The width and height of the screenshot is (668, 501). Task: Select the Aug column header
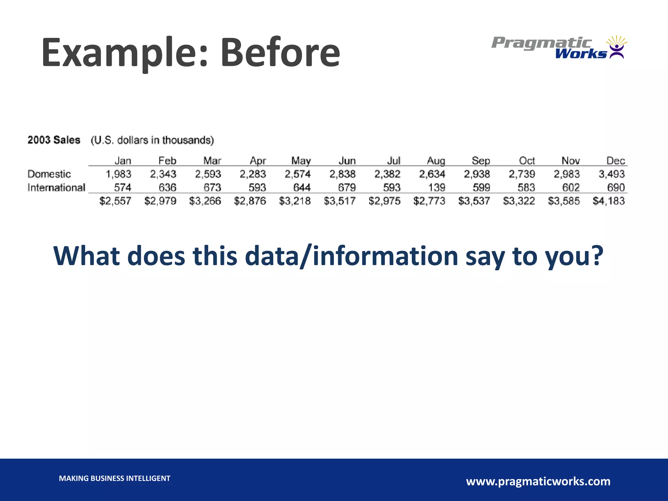(x=436, y=161)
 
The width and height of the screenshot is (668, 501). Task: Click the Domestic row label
(x=49, y=174)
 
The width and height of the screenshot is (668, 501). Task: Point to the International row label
(x=56, y=188)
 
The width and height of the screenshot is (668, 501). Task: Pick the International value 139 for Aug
(x=436, y=188)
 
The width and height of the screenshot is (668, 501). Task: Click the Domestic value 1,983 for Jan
(x=118, y=174)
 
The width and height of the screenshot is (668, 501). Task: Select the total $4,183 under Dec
(x=608, y=201)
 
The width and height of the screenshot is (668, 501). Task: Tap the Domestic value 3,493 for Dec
(x=611, y=174)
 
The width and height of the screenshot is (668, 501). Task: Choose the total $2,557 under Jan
(x=115, y=201)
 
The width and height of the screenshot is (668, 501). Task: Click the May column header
(x=301, y=161)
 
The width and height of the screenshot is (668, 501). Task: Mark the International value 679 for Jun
(x=347, y=188)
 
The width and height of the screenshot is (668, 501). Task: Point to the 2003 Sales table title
(x=54, y=140)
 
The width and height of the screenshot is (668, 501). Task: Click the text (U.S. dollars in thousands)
(x=152, y=140)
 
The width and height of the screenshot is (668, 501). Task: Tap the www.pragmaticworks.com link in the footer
(x=538, y=481)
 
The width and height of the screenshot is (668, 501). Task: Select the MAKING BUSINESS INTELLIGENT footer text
(x=114, y=478)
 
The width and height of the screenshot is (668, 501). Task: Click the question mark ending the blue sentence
(x=597, y=256)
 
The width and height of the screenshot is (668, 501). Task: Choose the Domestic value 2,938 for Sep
(x=477, y=174)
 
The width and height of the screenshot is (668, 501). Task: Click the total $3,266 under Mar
(x=205, y=201)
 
